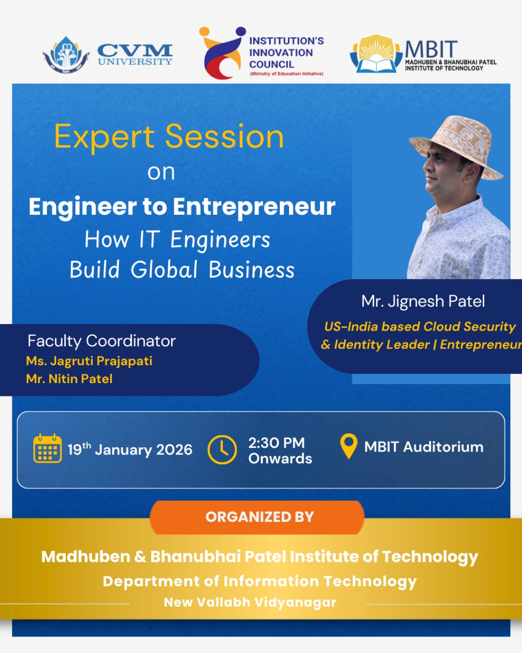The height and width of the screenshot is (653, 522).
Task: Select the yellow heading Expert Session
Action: [x=169, y=137]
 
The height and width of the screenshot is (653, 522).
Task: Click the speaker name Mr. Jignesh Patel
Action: [x=423, y=301]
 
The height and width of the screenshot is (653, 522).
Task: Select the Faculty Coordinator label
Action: [x=101, y=340]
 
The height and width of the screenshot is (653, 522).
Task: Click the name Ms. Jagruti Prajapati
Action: [x=89, y=361]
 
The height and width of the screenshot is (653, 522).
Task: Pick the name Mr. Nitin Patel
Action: [x=69, y=379]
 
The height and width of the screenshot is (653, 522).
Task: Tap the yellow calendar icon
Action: [x=47, y=448]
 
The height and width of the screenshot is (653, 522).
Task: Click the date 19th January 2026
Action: [x=130, y=449]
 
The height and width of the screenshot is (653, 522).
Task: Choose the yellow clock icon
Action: [x=222, y=449]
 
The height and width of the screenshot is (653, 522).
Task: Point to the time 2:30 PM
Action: [x=276, y=442]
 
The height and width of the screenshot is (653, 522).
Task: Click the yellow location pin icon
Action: [x=349, y=445]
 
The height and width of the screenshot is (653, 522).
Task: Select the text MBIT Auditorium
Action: [x=424, y=447]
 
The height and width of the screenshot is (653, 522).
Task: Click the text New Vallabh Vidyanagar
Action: [x=250, y=602]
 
